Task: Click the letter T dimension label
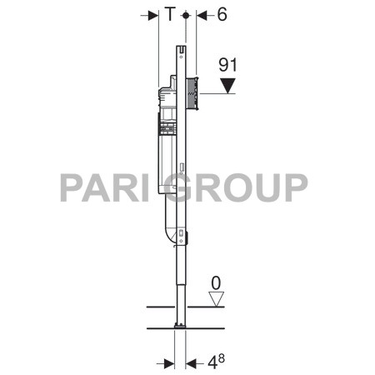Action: (170, 15)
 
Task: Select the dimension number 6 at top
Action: (222, 15)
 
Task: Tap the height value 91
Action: (227, 63)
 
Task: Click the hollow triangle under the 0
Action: (217, 298)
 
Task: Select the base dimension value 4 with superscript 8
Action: (215, 362)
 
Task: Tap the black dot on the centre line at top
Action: (185, 15)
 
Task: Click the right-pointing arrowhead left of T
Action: (153, 15)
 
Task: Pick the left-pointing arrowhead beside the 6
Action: (202, 15)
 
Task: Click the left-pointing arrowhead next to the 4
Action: (191, 363)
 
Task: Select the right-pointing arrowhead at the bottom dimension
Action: (170, 363)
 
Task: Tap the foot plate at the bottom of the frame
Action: (180, 324)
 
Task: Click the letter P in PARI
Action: (72, 187)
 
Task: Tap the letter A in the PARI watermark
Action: (101, 187)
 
